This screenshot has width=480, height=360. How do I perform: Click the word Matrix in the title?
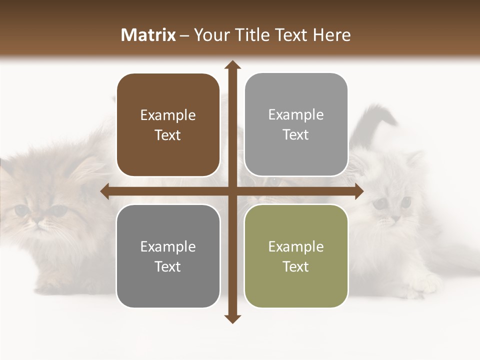148,35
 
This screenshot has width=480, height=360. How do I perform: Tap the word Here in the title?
331,35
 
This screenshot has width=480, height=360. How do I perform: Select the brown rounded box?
168,125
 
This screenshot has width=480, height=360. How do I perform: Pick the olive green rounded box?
296,256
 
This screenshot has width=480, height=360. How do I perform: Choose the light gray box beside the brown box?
296,125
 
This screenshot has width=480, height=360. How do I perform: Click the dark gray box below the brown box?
168,256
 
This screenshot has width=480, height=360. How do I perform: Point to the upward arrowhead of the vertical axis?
232,65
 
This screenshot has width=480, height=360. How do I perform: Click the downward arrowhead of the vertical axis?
232,318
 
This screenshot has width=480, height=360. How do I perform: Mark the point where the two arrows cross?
232,191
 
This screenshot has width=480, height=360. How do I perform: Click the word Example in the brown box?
168,115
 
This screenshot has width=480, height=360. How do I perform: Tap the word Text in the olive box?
296,266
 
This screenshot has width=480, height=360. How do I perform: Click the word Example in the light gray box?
296,115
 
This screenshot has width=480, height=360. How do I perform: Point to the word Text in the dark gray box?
168,266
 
